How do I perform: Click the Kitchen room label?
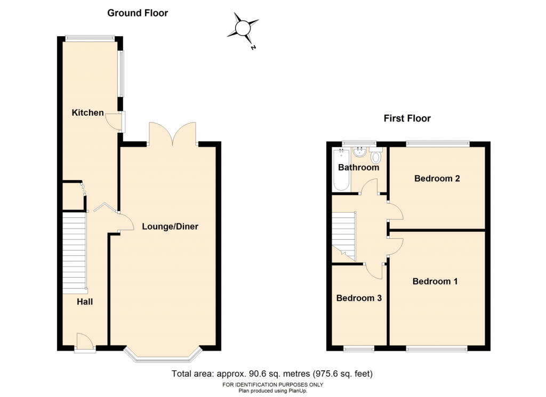pos(87,113)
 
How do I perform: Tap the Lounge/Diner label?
pos(170,226)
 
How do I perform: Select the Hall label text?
pos(85,302)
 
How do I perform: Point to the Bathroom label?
pos(358,167)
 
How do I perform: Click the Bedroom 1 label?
pos(435,281)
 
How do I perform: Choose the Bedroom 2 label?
pos(437,179)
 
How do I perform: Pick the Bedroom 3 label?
pos(359,298)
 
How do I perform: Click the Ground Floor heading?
pos(138,13)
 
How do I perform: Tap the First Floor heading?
pos(407,118)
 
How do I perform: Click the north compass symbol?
pos(243,28)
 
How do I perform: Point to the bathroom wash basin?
pos(359,152)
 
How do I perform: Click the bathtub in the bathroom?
pos(341,169)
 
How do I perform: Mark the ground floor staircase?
pos(75,250)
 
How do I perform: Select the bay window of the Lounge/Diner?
pos(163,354)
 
